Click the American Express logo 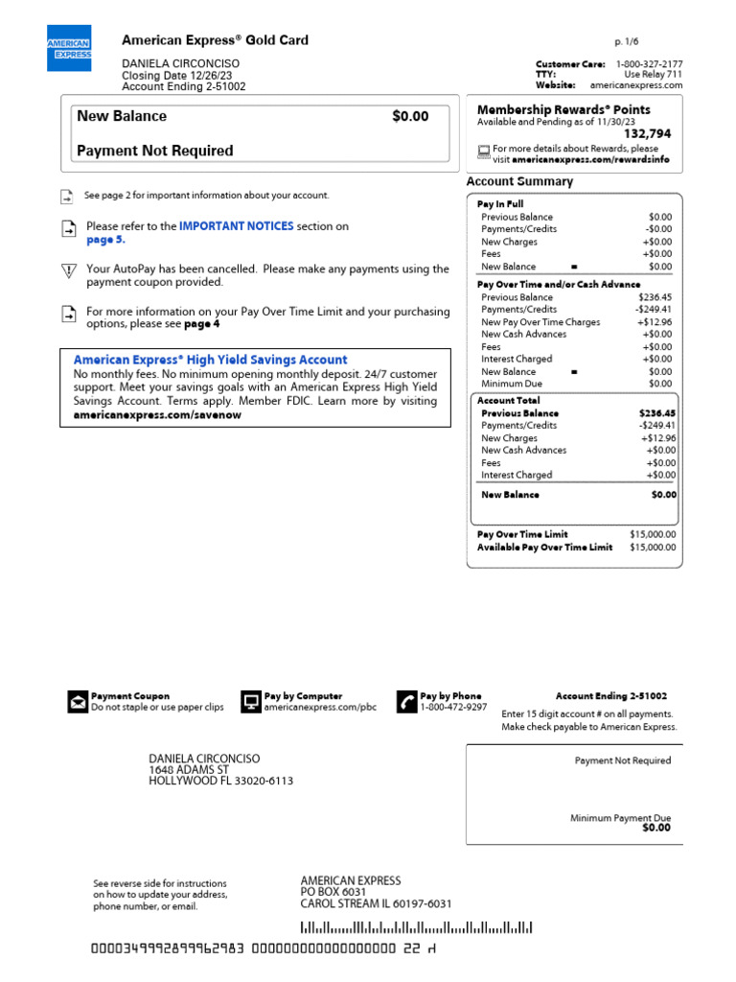click(x=69, y=48)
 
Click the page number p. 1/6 click(x=625, y=43)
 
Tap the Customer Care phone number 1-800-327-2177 click(x=649, y=64)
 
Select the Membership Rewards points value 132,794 click(x=647, y=134)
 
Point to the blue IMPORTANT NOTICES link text click(x=237, y=226)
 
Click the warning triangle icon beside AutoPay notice click(x=68, y=271)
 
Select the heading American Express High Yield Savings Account click(x=210, y=360)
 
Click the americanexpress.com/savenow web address click(x=157, y=415)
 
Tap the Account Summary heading click(x=519, y=181)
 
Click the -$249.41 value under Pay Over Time click(x=655, y=310)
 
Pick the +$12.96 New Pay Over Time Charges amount click(x=656, y=322)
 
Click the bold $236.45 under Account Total click(x=656, y=413)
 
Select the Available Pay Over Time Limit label click(x=544, y=548)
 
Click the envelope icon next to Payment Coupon click(x=77, y=703)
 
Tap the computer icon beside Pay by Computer click(x=250, y=702)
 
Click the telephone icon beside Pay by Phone click(x=406, y=702)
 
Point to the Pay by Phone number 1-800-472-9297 click(x=453, y=708)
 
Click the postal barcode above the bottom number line click(x=416, y=927)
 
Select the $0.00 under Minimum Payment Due click(x=656, y=828)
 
